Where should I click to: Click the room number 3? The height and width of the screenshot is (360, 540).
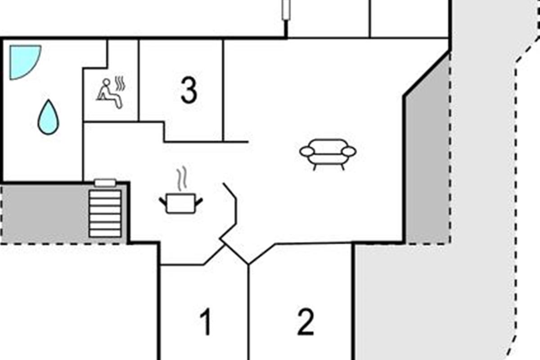pos(189,90)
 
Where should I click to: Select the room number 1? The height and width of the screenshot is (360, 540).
pos(206,322)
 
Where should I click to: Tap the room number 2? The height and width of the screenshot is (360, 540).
pos(306,322)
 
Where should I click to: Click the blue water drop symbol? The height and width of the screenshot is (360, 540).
pos(48,117)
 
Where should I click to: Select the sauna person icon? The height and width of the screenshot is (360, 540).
pos(110,94)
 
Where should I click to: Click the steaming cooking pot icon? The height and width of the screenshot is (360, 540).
pos(181,190)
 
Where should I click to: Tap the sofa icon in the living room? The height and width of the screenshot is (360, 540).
pos(328,154)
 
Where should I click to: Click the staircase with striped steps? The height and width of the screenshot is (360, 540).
pos(105,214)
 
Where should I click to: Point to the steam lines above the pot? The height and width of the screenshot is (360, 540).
pos(182,179)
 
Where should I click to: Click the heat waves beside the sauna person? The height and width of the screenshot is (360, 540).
pos(120,83)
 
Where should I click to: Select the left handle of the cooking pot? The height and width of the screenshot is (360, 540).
pos(163,202)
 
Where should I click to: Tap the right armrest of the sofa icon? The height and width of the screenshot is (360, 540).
pos(349,152)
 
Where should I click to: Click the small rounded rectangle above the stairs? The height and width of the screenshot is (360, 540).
pos(105,183)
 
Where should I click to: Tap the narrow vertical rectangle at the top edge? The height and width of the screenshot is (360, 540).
pos(286,9)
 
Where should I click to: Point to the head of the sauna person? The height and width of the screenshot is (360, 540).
pos(106,82)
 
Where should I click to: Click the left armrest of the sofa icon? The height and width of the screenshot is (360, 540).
pos(307,152)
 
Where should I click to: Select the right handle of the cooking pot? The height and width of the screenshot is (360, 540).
pos(198,202)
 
